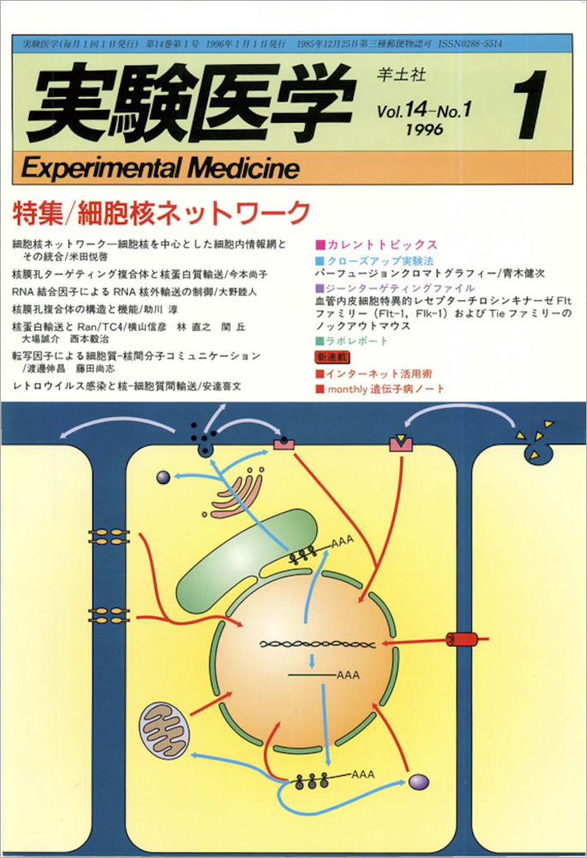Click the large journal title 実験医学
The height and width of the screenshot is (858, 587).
184,104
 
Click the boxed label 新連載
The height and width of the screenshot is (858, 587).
331,356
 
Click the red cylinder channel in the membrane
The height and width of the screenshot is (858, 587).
464,639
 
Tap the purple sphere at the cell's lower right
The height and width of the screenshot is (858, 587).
418,782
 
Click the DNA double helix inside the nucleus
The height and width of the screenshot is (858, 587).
316,643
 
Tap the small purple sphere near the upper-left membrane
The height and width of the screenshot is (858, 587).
164,477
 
